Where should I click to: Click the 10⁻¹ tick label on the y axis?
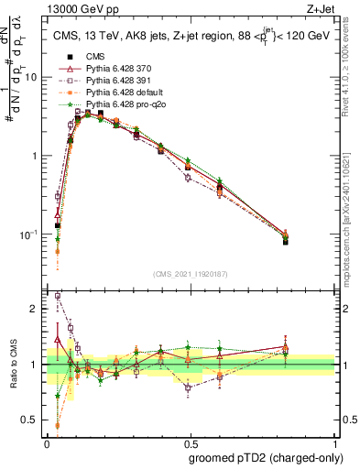click(32, 234)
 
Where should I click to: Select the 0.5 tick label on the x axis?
click(191, 443)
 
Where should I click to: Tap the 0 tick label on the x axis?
click(47, 443)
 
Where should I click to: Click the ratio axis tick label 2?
click(37, 309)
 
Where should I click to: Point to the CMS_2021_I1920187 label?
click(190, 272)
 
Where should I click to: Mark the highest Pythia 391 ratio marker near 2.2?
click(58, 296)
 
